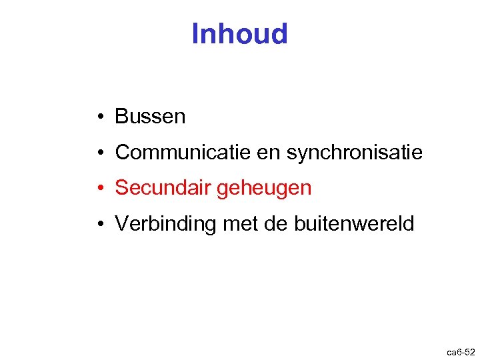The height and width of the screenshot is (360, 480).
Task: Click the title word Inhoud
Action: pos(239,34)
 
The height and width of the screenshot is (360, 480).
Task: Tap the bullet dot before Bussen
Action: pos(97,117)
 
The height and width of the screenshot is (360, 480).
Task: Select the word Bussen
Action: pos(150,117)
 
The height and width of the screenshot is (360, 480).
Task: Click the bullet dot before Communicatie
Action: pos(97,153)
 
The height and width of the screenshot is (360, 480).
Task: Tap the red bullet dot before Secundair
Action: pos(97,189)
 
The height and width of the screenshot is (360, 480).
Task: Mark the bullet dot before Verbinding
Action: pos(97,225)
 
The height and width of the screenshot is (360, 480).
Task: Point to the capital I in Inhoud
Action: pos(195,34)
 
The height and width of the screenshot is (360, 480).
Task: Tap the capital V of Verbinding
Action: pos(121,224)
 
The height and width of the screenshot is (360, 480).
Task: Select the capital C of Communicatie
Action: pos(123,153)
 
